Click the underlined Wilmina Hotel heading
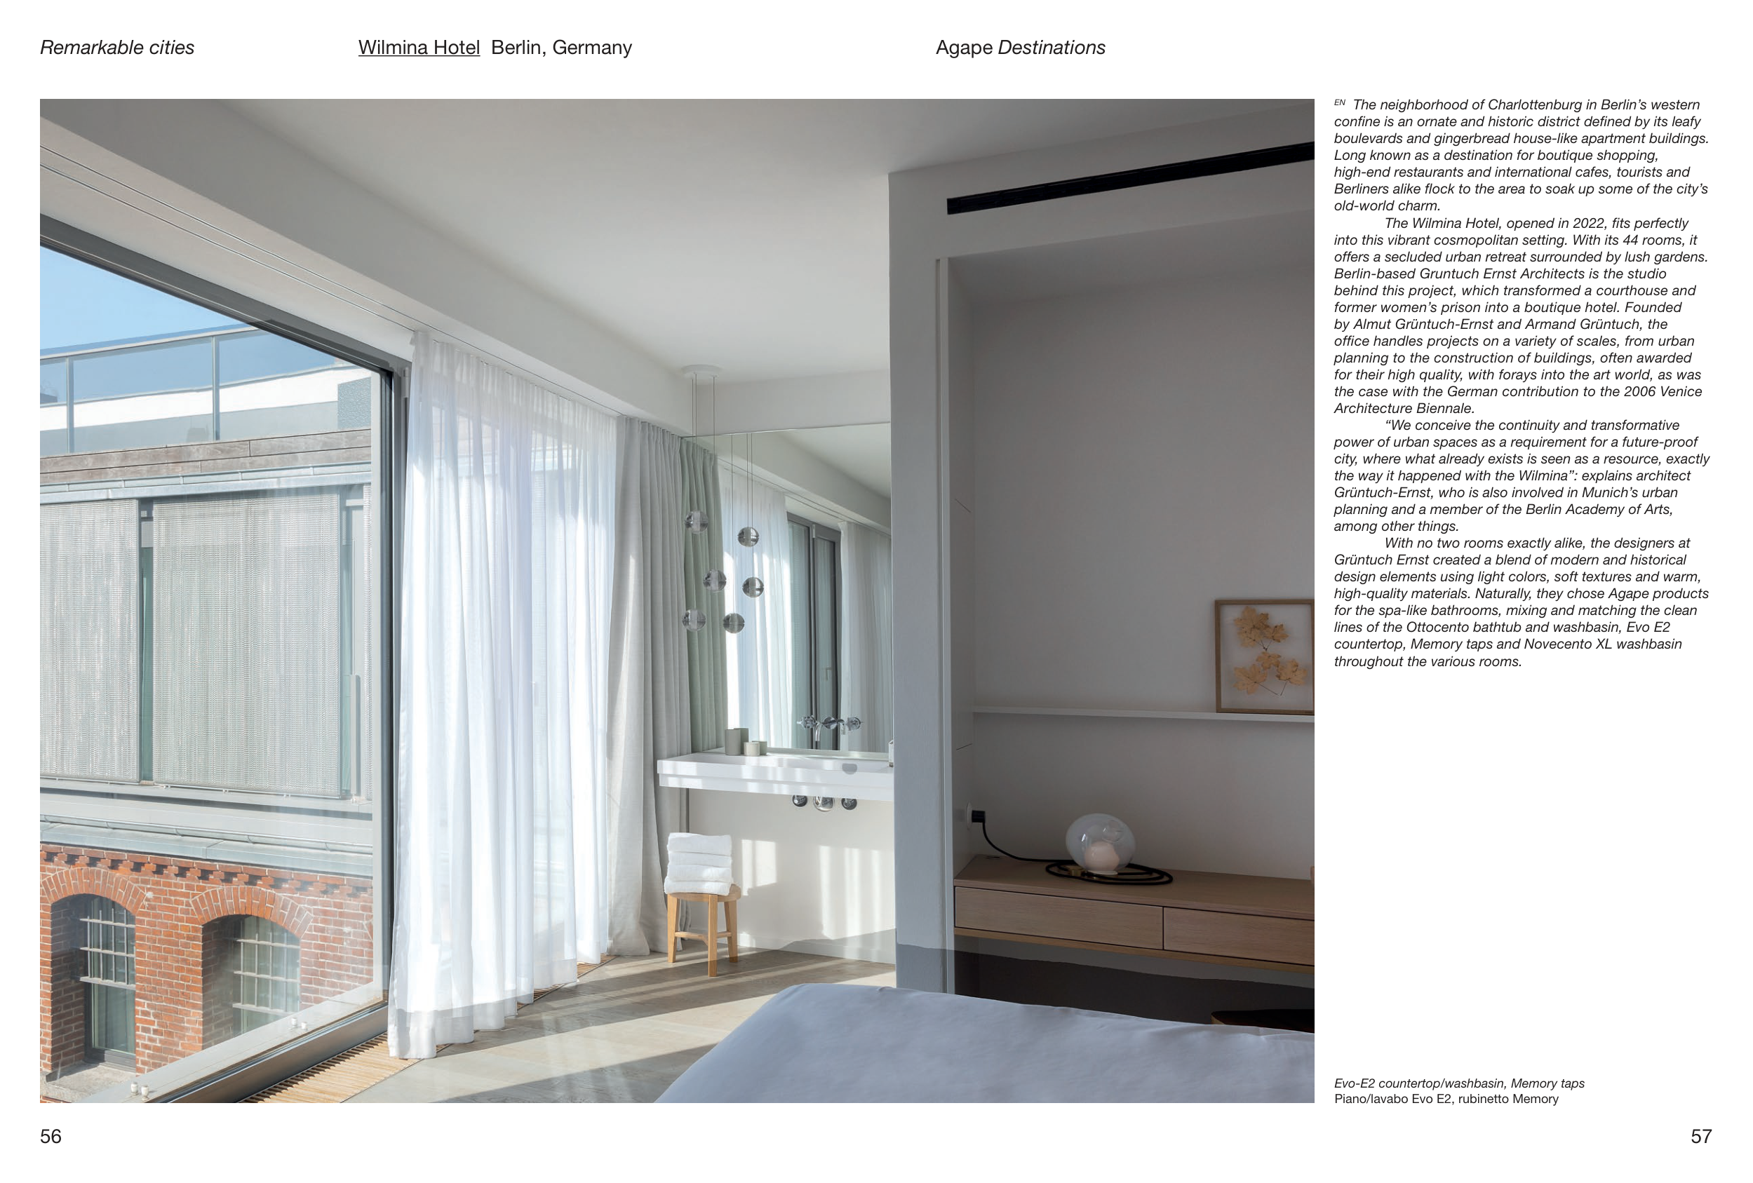[419, 48]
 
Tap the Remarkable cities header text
[117, 48]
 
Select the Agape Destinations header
[1020, 48]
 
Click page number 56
[51, 1136]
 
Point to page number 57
[1701, 1136]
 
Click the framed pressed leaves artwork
[1264, 656]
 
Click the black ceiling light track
[1130, 178]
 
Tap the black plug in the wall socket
[979, 816]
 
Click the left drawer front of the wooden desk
[1058, 916]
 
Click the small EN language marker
[1340, 102]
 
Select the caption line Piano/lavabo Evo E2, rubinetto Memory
[1446, 1099]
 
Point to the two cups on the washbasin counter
[744, 743]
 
